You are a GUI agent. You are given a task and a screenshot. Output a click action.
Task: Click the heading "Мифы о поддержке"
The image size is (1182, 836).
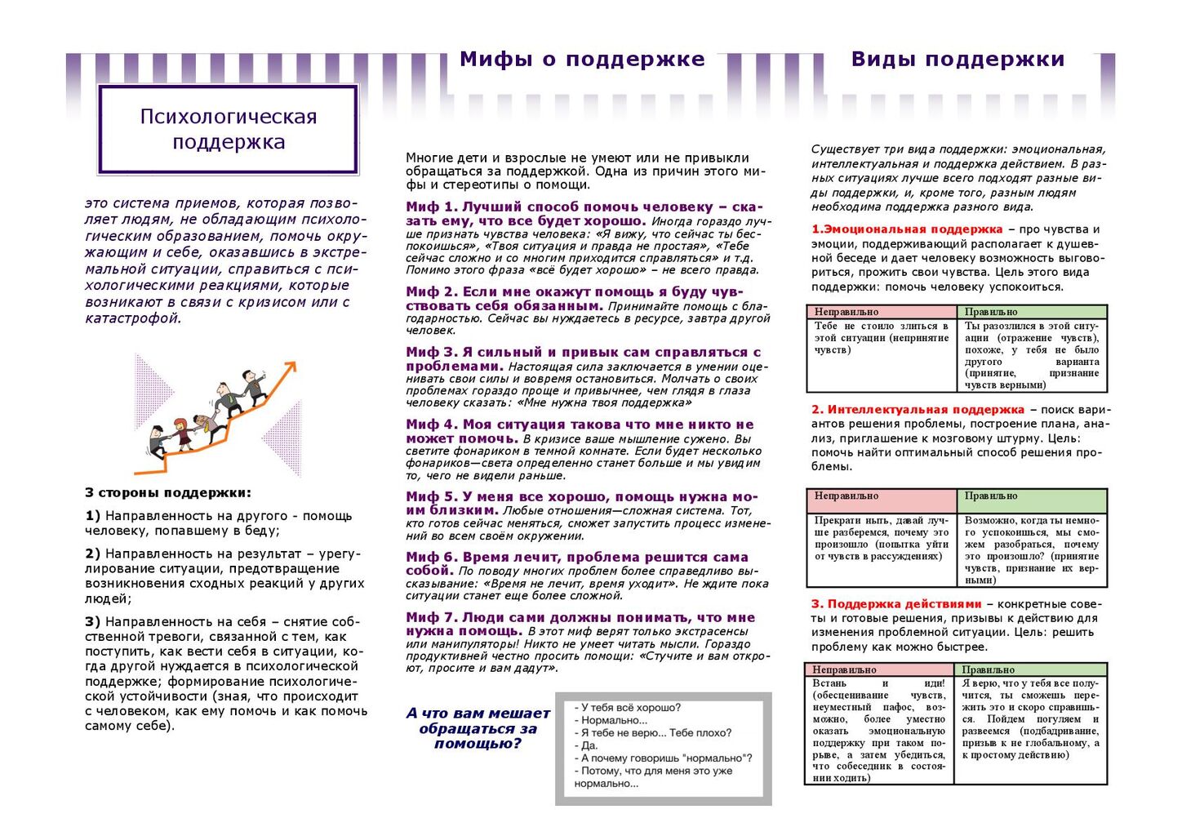point(582,60)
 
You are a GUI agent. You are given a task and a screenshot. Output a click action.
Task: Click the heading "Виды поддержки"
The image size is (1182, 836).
point(958,60)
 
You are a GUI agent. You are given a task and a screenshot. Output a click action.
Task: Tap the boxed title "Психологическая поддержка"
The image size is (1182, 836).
point(229,129)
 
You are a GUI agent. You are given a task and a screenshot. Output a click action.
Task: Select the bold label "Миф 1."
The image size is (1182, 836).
point(432,207)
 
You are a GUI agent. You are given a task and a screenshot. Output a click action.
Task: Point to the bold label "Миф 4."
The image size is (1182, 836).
point(432,425)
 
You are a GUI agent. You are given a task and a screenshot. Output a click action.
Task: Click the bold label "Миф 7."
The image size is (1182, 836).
point(432,618)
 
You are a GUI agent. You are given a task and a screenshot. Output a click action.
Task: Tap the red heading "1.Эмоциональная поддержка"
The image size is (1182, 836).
point(907,229)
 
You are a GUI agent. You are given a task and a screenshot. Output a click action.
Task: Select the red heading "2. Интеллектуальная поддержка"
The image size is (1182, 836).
point(918,410)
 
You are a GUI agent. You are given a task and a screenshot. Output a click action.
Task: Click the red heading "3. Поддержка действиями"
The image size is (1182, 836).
point(896,604)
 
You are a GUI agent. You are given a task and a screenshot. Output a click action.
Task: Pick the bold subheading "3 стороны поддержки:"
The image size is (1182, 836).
point(168,493)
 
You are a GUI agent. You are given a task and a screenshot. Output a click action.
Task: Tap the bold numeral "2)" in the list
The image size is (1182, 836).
point(92,554)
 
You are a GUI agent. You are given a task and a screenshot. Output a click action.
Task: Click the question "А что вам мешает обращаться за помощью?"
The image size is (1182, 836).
point(478,728)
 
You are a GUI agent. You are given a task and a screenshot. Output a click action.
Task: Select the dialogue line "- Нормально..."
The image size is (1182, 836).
point(611,720)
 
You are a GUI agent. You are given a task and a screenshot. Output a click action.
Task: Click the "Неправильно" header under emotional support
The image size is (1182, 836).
point(847,312)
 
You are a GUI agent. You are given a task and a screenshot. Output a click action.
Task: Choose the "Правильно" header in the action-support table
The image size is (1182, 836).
point(988,669)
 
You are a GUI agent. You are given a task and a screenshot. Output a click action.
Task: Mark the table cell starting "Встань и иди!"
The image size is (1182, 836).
point(878,730)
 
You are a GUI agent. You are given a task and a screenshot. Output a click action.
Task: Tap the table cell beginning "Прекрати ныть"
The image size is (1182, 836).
point(882,538)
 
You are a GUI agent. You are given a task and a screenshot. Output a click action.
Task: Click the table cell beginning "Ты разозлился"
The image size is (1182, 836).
point(1032,355)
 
